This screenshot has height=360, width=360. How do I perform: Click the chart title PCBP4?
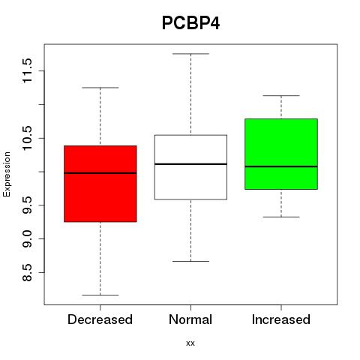190,23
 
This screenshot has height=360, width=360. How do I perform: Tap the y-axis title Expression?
7,174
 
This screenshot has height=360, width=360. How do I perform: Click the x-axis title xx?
190,343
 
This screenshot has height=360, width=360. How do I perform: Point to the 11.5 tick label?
27,70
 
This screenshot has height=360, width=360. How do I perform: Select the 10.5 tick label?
27,138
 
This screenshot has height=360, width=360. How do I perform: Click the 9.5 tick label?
27,205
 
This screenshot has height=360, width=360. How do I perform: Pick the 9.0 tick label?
27,238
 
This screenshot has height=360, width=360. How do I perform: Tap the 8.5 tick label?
27,272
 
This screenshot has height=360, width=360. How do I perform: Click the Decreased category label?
100,319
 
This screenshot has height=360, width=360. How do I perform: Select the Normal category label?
190,319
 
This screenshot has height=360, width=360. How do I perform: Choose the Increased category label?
281,319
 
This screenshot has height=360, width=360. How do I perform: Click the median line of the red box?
100,172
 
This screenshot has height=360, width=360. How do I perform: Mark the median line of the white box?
190,164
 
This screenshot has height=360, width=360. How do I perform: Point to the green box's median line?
281,166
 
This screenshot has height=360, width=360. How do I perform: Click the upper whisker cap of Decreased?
100,88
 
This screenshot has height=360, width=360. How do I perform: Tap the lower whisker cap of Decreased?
100,295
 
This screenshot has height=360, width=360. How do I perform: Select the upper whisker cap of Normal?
190,54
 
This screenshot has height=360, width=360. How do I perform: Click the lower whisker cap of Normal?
190,261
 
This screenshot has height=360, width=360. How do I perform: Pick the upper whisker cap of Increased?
281,95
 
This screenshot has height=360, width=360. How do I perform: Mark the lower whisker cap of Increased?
281,217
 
